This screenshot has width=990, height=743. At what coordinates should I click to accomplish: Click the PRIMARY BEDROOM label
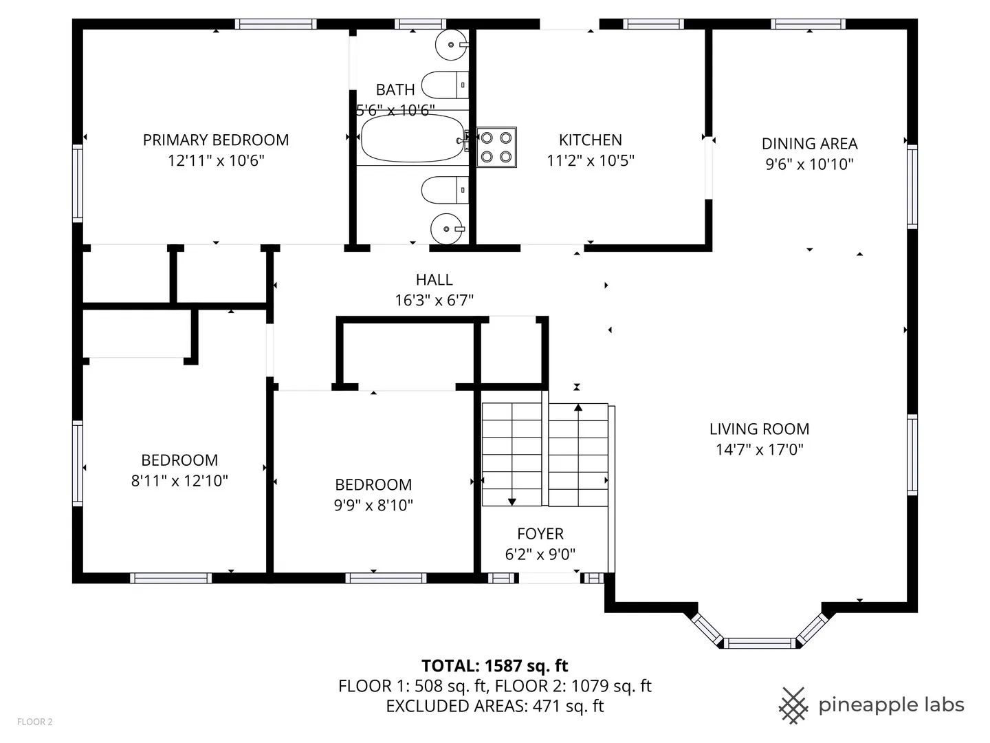[216, 140]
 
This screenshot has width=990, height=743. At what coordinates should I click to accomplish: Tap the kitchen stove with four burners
[496, 147]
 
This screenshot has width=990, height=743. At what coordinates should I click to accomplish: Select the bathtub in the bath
[412, 138]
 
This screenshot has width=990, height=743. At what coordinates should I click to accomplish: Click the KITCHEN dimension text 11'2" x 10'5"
[591, 160]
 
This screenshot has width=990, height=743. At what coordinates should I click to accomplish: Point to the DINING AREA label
[810, 144]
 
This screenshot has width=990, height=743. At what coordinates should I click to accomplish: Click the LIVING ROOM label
[760, 429]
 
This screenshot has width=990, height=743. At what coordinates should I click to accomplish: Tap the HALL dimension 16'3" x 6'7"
[434, 300]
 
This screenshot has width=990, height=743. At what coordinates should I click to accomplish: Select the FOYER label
[540, 534]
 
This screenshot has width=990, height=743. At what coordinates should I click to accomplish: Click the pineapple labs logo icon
[793, 705]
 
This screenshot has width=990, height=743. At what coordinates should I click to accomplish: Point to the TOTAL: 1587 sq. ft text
[495, 665]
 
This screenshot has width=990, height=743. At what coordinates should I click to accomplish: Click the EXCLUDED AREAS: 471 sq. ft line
[495, 706]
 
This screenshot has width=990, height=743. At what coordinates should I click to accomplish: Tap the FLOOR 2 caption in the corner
[35, 722]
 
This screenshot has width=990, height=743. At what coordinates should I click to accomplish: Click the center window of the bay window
[760, 643]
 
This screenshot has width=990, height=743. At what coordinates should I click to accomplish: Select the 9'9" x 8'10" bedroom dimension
[373, 505]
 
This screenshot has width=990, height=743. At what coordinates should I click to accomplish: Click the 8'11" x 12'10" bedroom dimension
[179, 480]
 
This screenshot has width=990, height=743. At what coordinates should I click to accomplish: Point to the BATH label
[395, 89]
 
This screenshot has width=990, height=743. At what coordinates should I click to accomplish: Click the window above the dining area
[808, 24]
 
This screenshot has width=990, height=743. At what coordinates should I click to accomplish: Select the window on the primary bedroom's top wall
[276, 24]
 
